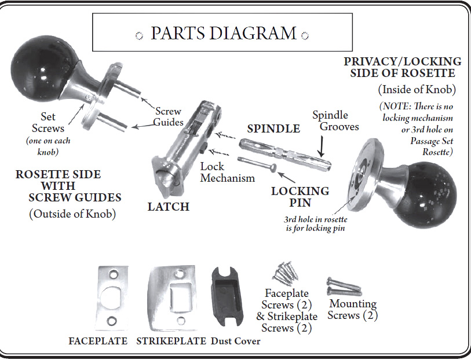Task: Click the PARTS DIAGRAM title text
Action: pyautogui.click(x=223, y=33)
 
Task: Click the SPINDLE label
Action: pyautogui.click(x=273, y=128)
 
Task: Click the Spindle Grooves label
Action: pyautogui.click(x=335, y=120)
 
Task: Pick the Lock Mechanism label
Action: pyautogui.click(x=227, y=172)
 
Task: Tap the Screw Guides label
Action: pyautogui.click(x=168, y=117)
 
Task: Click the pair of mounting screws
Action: pyautogui.click(x=344, y=286)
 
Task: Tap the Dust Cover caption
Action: pyautogui.click(x=235, y=341)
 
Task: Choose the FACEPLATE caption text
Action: pyautogui.click(x=98, y=341)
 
